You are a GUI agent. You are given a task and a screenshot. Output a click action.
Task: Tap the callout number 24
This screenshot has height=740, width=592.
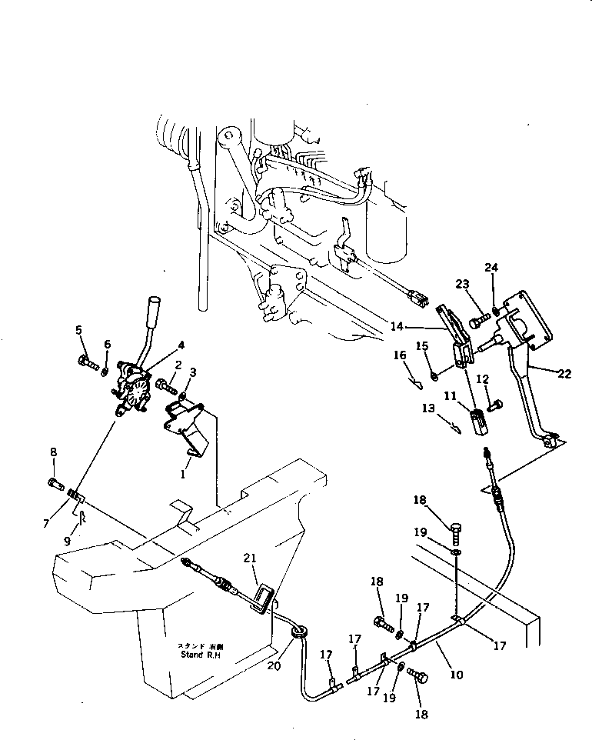(x=491, y=268)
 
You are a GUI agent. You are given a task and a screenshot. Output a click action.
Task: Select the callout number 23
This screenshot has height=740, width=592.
(x=461, y=284)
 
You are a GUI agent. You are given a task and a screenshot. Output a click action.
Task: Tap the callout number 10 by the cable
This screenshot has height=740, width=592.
(x=456, y=675)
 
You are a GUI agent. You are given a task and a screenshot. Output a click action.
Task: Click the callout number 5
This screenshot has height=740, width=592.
(x=78, y=331)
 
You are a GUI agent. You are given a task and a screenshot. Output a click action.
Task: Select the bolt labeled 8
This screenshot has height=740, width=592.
(x=53, y=483)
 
